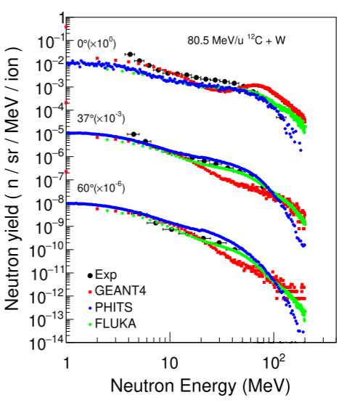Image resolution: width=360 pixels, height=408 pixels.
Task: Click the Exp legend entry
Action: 101,275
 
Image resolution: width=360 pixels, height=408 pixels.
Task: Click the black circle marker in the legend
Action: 90,275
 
